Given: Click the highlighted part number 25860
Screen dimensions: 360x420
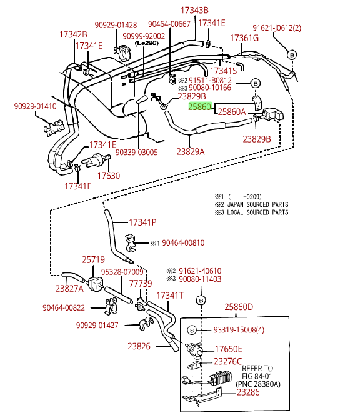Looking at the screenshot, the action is click(x=200, y=107).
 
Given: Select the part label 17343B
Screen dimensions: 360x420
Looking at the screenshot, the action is click(x=194, y=10).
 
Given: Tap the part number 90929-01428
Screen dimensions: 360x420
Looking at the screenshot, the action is click(x=116, y=25).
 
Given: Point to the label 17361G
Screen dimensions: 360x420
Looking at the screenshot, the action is click(x=244, y=38).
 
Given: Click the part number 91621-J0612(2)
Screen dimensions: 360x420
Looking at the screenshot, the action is click(x=277, y=28).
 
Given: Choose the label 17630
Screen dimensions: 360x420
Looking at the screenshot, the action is click(x=109, y=176).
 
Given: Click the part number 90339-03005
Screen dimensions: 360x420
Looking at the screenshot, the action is click(x=137, y=152).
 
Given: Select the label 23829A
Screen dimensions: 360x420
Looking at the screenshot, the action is click(x=191, y=152).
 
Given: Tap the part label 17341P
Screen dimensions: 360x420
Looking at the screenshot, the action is click(x=142, y=222).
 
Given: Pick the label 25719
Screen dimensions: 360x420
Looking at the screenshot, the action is click(x=94, y=259).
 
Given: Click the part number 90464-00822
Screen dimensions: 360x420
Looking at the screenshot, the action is click(x=64, y=307).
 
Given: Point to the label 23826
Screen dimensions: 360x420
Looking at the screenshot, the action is click(x=139, y=346).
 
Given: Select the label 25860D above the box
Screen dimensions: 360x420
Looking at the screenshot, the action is click(x=239, y=307).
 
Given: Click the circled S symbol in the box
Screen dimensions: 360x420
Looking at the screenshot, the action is click(x=192, y=330).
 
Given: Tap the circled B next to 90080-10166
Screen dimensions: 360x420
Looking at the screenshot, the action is click(x=256, y=84).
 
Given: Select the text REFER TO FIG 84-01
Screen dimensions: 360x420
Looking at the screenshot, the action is click(x=257, y=372).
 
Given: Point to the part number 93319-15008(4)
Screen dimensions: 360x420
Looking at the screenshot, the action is click(x=239, y=330).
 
